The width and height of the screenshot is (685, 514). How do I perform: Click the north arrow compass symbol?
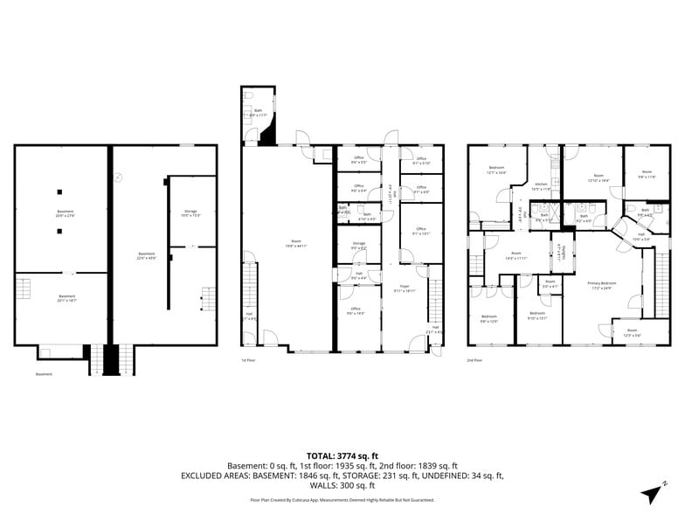652,491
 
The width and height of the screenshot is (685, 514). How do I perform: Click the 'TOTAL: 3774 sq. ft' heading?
342,455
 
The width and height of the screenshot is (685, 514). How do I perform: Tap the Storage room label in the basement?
190,213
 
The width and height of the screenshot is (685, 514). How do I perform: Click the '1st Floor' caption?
249,359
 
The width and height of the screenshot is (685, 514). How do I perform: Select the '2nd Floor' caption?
475,359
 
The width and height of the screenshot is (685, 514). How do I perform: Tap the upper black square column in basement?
60,191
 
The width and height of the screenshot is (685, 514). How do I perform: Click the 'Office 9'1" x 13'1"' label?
420,232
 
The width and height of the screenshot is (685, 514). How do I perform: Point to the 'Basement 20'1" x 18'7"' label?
66,297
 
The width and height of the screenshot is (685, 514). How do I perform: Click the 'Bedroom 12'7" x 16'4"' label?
496,170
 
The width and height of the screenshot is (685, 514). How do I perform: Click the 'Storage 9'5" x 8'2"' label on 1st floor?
358,246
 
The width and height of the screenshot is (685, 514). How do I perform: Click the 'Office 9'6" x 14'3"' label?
356,310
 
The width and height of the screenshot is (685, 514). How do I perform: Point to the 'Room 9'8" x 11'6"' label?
647,174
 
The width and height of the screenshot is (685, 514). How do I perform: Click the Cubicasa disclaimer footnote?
342,500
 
